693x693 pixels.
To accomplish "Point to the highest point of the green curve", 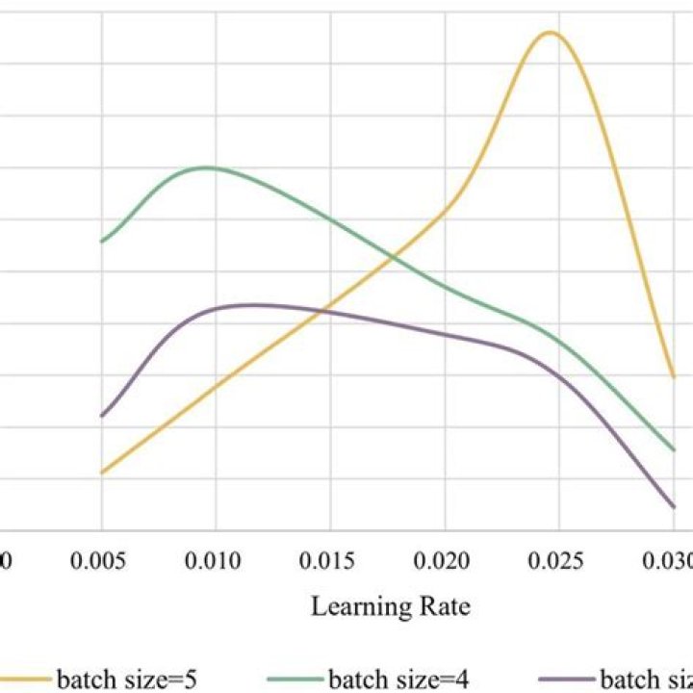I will tap(207, 167).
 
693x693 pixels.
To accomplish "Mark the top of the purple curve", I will tap(252, 304).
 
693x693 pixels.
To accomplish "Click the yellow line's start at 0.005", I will tap(101, 473).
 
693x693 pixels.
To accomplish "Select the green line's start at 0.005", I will tap(101, 241).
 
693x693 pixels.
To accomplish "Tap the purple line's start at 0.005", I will tap(101, 416).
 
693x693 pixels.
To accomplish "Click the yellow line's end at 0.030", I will tap(673, 376).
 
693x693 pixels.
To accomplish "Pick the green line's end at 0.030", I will tap(673, 449).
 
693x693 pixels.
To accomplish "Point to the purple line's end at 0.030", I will tap(673, 506).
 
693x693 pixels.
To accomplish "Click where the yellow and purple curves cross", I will tap(325, 310).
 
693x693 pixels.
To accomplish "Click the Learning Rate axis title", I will tap(390, 607).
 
